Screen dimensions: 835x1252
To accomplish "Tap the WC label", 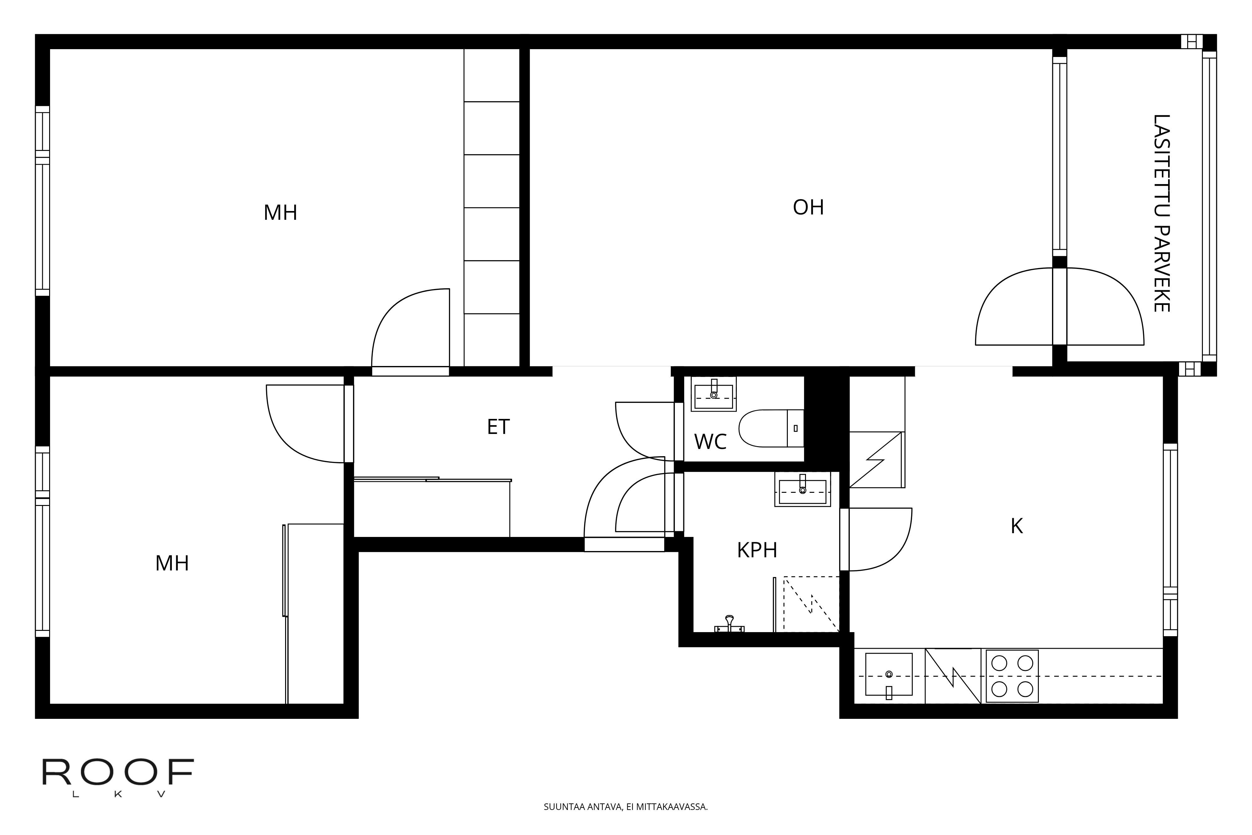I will click(x=710, y=442).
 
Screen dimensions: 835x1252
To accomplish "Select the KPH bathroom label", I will click(x=757, y=550).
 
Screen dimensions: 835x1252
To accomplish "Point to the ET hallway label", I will click(x=498, y=427).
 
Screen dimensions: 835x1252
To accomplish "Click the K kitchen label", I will click(x=1016, y=526).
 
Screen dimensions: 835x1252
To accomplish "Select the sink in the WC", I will click(x=713, y=394).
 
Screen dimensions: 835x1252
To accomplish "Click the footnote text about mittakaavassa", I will click(x=625, y=807).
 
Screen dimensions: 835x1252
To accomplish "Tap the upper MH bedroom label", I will click(x=280, y=213).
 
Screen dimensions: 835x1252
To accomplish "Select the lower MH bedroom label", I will click(x=172, y=564).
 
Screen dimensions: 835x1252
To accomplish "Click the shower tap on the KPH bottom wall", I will click(x=729, y=624).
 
